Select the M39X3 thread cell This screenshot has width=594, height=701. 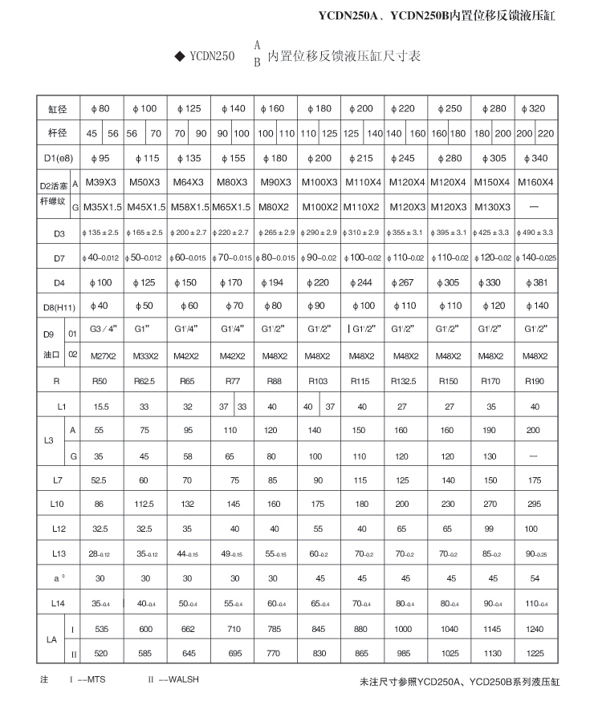click(x=102, y=182)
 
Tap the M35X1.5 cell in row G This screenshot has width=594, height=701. click(x=102, y=206)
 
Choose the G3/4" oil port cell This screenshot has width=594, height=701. click(x=102, y=329)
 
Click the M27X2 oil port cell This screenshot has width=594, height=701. click(x=102, y=355)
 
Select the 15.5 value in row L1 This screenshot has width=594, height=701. click(x=102, y=407)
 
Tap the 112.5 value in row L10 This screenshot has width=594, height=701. click(x=144, y=505)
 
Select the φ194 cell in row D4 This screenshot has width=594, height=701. click(x=275, y=282)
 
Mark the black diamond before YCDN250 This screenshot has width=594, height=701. click(x=179, y=58)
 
